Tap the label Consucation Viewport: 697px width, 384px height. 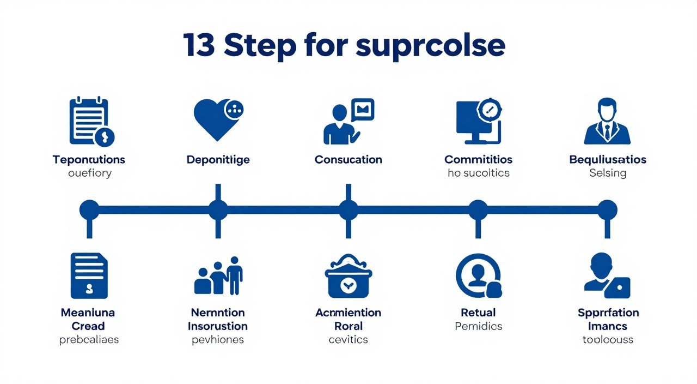coord(348,160)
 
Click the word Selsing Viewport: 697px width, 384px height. coord(608,173)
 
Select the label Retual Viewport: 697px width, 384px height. coord(478,313)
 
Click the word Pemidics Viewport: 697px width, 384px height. coord(478,326)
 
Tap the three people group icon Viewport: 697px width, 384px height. coord(218,276)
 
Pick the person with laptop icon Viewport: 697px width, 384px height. coord(607,276)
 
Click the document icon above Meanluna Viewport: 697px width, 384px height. coord(89,275)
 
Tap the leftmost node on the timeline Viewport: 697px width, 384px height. coord(89,210)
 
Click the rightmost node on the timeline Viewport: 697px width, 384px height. coord(607,210)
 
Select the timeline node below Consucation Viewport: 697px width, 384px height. coord(348,210)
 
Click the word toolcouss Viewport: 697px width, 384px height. coord(608,339)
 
